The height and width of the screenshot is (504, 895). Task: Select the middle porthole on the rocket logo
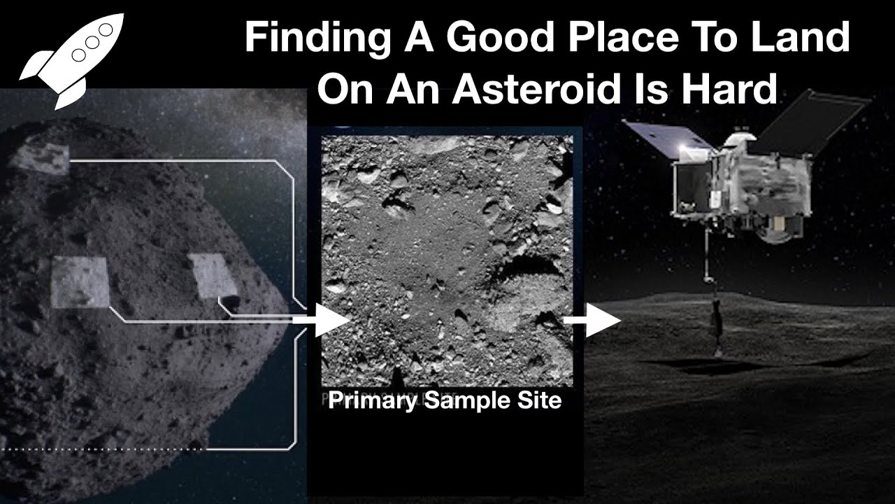point(92,43)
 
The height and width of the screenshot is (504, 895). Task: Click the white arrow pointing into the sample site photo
point(322,320)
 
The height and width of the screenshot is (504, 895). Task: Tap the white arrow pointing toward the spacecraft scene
point(592,320)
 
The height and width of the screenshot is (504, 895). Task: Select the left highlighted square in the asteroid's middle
point(80,282)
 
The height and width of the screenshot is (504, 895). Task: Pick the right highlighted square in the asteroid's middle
point(213,276)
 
